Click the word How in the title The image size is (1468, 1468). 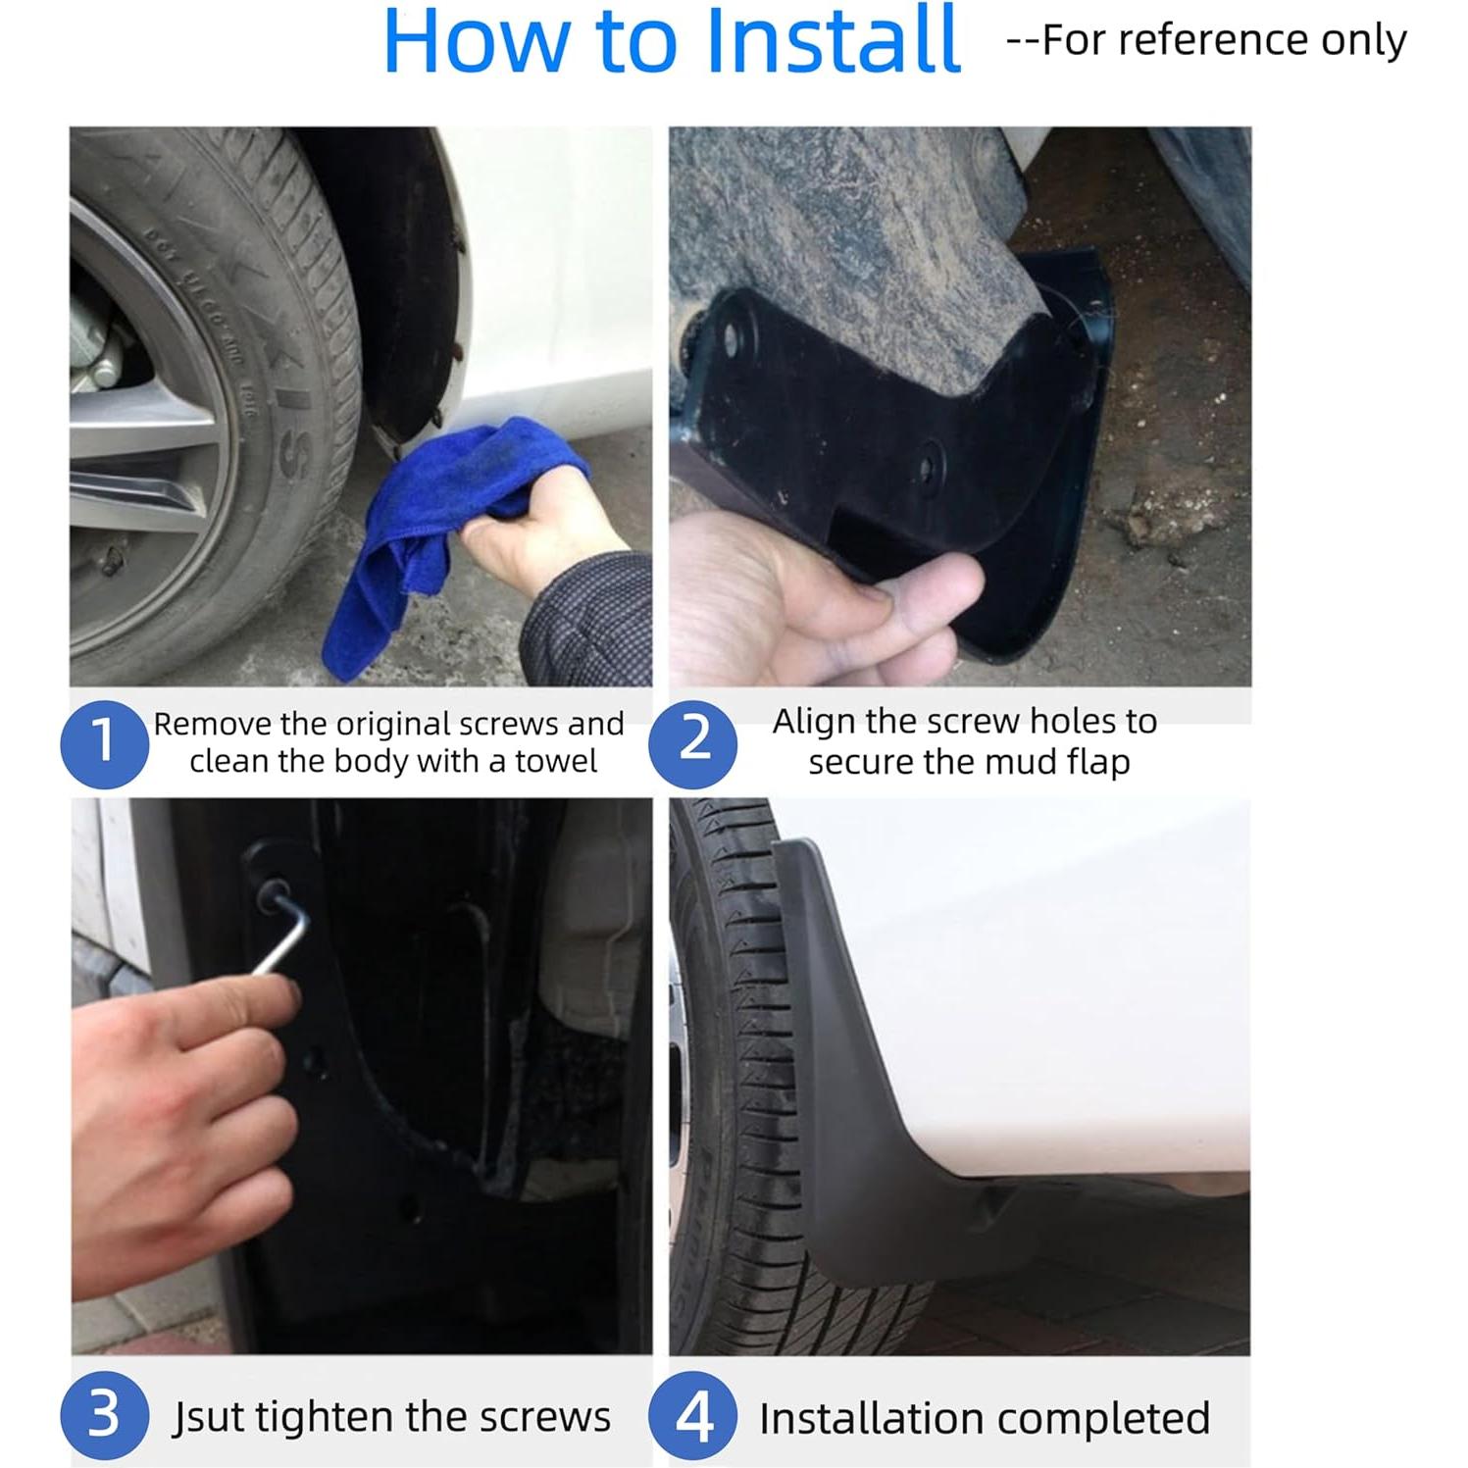pos(478,40)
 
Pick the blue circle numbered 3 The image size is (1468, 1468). pos(104,1416)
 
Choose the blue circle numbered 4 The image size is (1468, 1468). pos(693,1416)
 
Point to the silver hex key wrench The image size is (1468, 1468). pos(281,926)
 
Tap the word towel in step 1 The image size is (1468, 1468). pos(556,762)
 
